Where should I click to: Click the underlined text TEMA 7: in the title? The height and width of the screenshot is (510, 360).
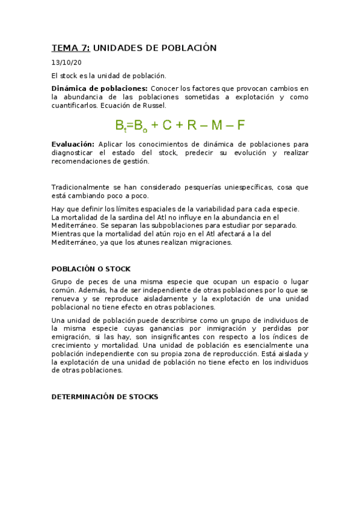click(x=71, y=48)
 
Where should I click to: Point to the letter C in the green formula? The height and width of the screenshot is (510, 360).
click(x=166, y=125)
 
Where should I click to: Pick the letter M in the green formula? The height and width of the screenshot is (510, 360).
click(x=217, y=125)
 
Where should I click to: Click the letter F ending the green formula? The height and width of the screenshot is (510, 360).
click(x=241, y=125)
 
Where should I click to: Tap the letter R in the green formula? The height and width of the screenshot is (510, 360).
click(x=192, y=125)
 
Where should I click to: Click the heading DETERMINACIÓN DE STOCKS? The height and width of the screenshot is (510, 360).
click(x=105, y=396)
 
